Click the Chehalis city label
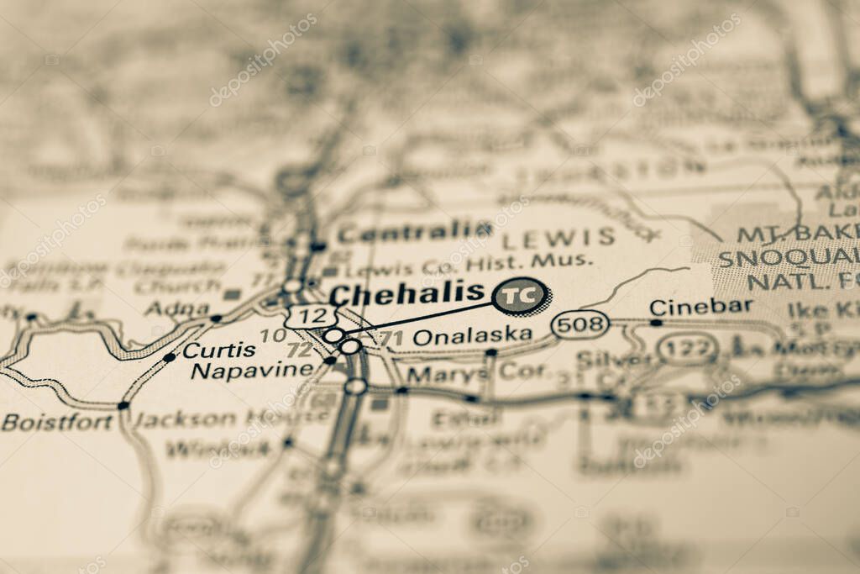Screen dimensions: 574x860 click(x=407, y=294)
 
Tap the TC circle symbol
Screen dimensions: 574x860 click(x=520, y=296)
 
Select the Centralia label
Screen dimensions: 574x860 click(x=415, y=230)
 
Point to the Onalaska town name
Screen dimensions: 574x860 click(x=473, y=335)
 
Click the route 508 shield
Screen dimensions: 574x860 click(x=580, y=324)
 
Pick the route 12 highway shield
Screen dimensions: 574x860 click(x=311, y=316)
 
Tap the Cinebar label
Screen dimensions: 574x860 click(x=701, y=307)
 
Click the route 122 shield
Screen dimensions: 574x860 click(x=686, y=347)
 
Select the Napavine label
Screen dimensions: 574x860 click(x=252, y=370)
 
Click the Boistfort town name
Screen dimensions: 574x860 click(x=57, y=422)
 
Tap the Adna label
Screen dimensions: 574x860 click(x=176, y=308)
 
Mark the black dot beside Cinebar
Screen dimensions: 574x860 click(x=655, y=322)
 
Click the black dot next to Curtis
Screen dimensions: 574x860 click(x=169, y=357)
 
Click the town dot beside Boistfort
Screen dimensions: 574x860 click(x=123, y=405)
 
